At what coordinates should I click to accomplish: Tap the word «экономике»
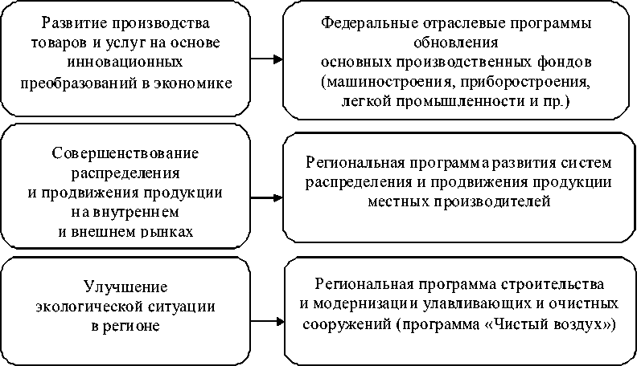197,81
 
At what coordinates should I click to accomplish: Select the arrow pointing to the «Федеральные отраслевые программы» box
267,59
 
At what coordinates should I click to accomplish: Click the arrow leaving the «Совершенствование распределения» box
267,193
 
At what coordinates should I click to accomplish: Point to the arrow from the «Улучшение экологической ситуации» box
267,321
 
